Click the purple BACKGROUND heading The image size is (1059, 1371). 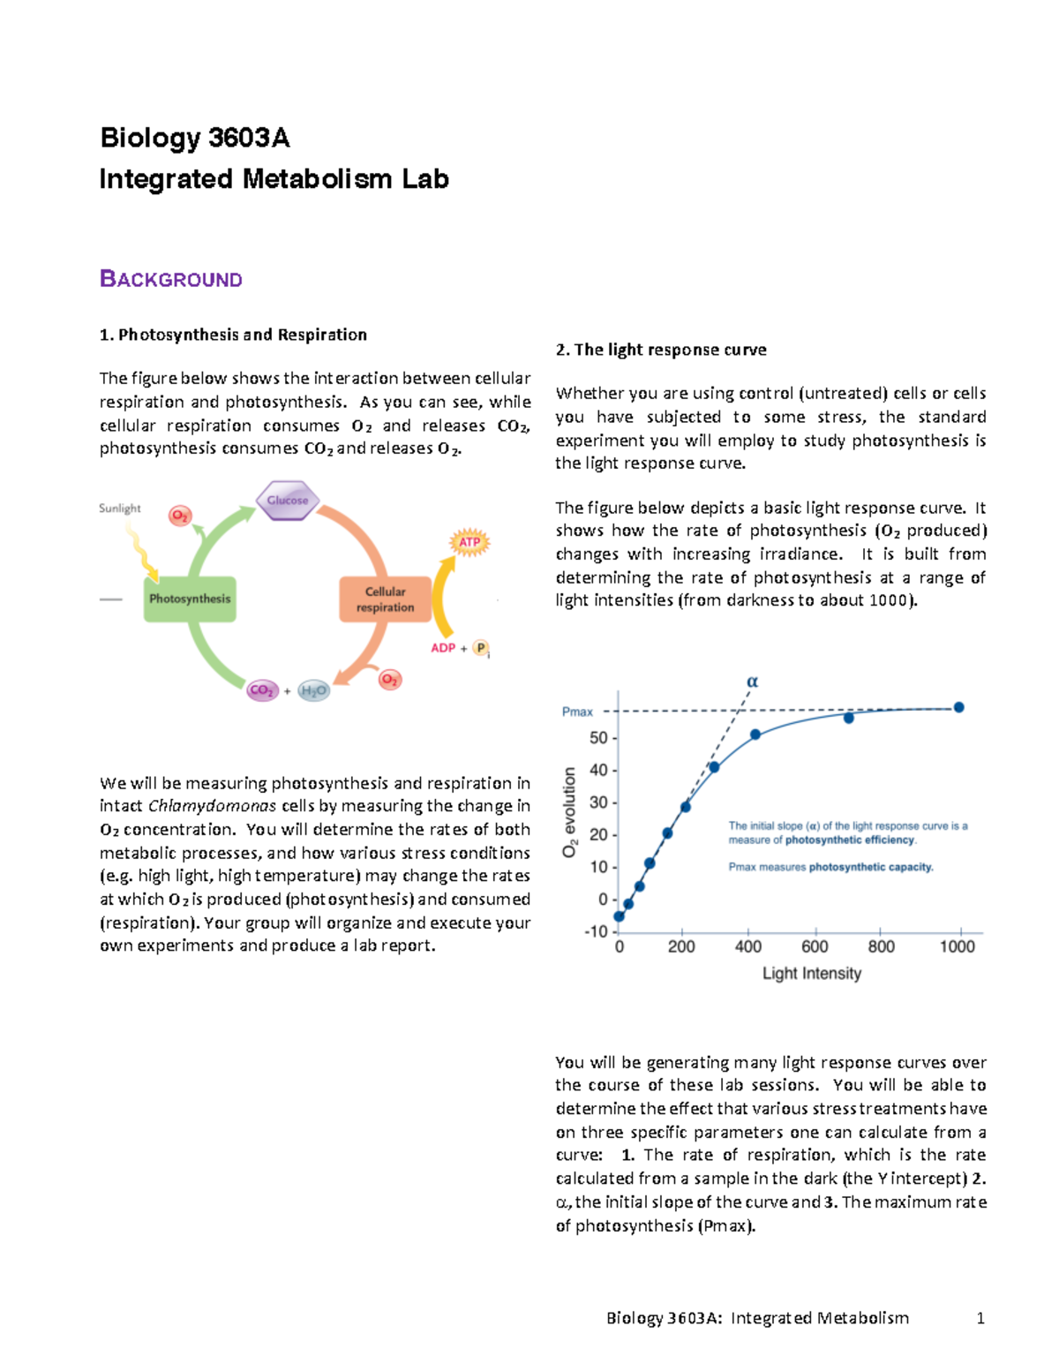(170, 280)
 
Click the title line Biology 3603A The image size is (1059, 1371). (194, 138)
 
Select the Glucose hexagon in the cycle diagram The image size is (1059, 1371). (288, 501)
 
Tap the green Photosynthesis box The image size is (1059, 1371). (190, 599)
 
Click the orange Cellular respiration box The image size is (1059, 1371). (385, 599)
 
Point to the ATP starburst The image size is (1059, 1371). (469, 542)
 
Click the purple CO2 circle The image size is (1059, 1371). (262, 690)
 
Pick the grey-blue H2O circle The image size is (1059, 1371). (313, 690)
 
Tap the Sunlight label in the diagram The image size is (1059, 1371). (119, 508)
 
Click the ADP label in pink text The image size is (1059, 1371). (443, 648)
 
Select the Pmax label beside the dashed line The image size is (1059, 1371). (577, 712)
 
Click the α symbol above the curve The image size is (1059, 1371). (752, 682)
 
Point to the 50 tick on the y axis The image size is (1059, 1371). (598, 738)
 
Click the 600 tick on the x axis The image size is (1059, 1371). (815, 946)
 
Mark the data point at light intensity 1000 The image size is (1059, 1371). (958, 707)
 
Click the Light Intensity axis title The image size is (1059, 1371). (811, 974)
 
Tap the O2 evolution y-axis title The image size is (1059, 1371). (570, 812)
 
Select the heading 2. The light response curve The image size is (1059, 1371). (660, 350)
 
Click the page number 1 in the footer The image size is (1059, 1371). (980, 1318)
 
